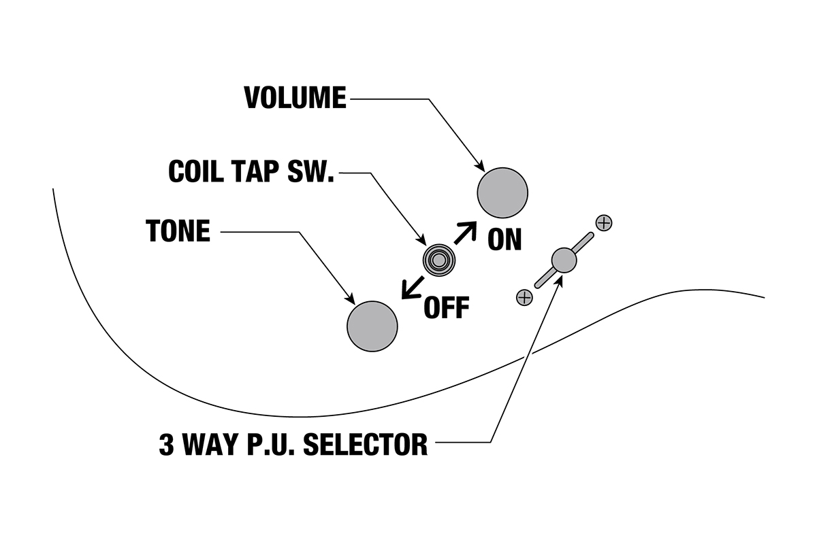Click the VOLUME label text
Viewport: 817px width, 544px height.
[295, 99]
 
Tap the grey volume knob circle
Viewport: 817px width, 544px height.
[503, 193]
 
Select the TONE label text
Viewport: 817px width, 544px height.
[178, 231]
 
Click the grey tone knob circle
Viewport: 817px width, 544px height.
[372, 326]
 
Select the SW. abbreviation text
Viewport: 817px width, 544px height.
[312, 173]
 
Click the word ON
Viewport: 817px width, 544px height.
[504, 239]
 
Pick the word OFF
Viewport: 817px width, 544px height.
[447, 308]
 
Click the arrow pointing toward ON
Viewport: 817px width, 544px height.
[466, 232]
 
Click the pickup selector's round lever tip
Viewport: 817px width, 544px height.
[564, 259]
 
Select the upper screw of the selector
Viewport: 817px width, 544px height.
[603, 222]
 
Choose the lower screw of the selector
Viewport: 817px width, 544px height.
[524, 296]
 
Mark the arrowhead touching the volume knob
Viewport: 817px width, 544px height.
[480, 167]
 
